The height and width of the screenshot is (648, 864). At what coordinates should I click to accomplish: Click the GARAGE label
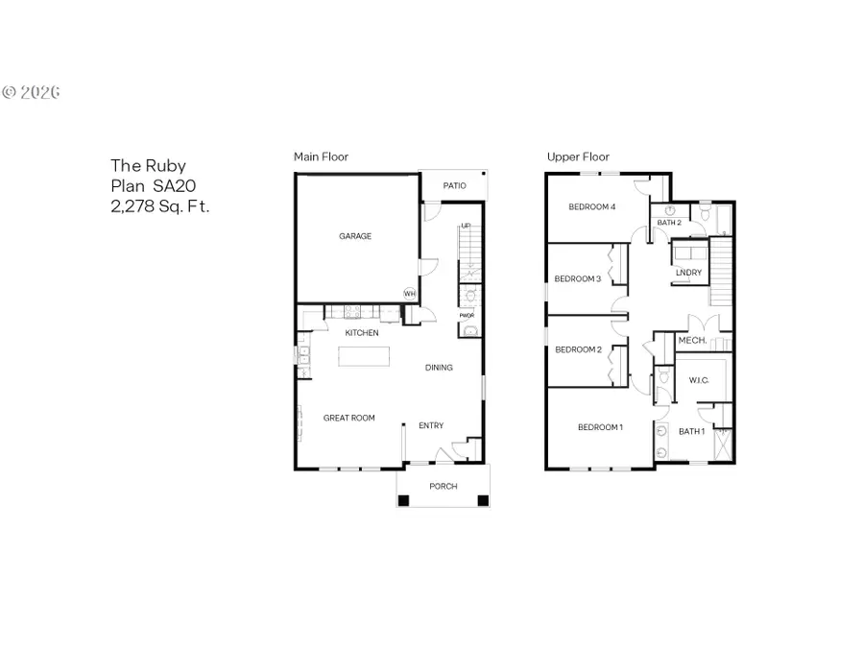coord(354,236)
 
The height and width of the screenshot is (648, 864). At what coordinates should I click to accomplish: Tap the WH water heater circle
coord(410,294)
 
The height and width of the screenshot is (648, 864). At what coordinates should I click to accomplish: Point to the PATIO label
coord(454,185)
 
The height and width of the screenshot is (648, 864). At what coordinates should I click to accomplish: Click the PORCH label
coord(443,487)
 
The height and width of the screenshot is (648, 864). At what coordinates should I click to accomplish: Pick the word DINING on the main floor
coord(439,368)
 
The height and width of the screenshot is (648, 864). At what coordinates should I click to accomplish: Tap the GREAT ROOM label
coord(348,418)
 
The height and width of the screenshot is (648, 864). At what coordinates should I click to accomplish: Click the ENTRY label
coord(431,425)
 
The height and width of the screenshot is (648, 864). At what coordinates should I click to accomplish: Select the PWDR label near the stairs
coord(467,315)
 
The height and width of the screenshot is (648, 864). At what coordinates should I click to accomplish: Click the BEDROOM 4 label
coord(591,206)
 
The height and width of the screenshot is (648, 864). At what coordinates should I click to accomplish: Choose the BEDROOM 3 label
coord(578,279)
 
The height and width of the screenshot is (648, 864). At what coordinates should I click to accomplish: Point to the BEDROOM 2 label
coord(578,349)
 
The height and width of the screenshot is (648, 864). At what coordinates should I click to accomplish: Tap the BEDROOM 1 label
coord(600,426)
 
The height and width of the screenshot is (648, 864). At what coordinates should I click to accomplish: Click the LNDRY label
coord(688,274)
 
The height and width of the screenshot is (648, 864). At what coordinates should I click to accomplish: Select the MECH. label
coord(692,341)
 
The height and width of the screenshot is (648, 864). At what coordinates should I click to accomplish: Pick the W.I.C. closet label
coord(698,381)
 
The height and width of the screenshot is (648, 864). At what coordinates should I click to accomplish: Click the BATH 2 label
coord(668,223)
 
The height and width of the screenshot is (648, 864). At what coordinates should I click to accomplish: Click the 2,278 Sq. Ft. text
coord(159,205)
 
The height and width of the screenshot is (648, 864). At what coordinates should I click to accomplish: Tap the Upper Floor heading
coord(578,156)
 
